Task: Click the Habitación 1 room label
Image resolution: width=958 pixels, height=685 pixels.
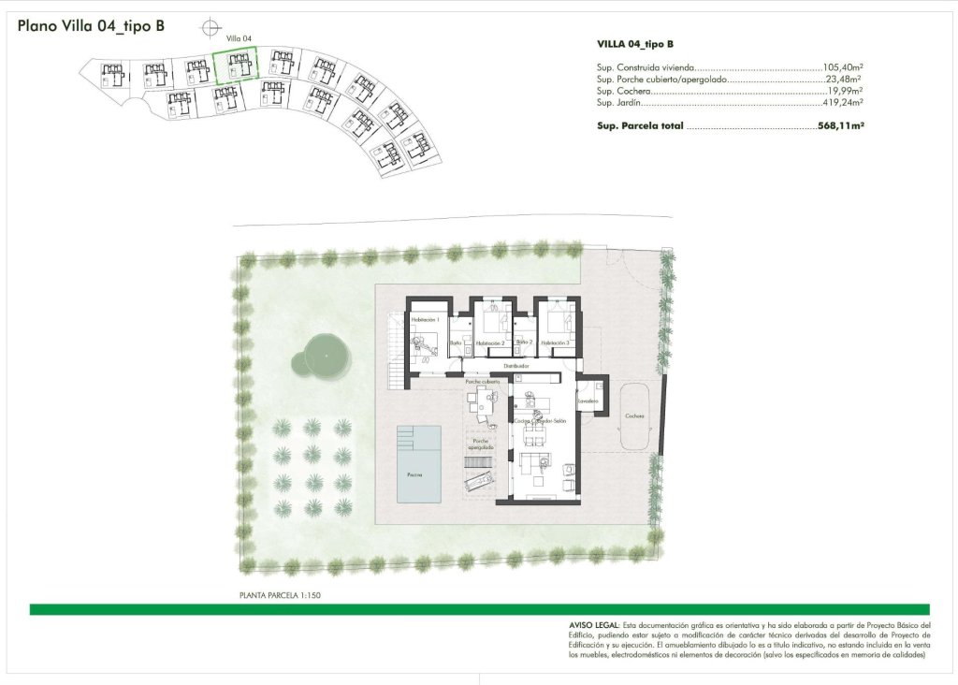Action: coord(425,320)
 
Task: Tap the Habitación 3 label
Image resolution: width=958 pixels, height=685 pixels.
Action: coord(555,343)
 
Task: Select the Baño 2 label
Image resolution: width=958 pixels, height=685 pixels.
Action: coord(524,342)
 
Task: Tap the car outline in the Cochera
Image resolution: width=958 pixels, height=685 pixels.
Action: coord(635,415)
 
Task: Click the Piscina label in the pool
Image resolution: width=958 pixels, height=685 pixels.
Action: coord(414,474)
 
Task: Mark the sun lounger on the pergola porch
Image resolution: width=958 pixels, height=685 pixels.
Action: coord(479,480)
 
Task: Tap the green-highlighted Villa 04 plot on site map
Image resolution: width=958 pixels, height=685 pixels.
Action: coord(235,66)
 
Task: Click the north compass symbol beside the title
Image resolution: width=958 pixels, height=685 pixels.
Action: coord(213,27)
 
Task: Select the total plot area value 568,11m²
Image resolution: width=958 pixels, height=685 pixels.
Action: coord(840,124)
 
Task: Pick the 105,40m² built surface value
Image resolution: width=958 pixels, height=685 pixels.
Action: coord(842,67)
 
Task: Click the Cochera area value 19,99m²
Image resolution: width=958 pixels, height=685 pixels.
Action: coord(844,92)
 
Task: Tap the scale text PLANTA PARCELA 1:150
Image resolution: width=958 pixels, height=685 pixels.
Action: coord(281,594)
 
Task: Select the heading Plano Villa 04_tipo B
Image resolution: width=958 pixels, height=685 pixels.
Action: coord(91,26)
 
